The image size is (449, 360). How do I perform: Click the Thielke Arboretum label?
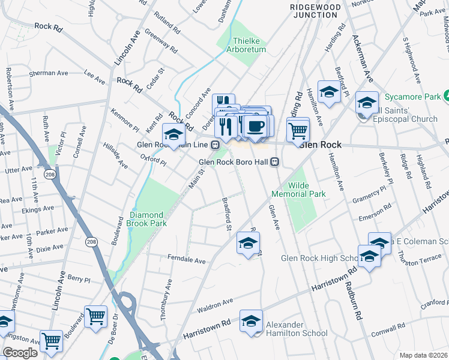pos(249,45)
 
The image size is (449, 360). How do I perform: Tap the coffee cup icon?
pos(256,127)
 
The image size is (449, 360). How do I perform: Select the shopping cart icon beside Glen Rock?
pos(298,130)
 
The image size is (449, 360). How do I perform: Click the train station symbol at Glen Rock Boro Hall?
pos(276,162)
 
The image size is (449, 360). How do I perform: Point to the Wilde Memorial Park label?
pos(298,190)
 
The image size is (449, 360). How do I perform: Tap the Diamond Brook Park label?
pos(146,219)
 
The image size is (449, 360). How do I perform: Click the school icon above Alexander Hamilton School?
pos(252,320)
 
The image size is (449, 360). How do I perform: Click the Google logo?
pos(20,353)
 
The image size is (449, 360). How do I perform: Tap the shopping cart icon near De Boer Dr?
pos(96,316)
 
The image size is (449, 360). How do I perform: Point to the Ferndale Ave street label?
pos(187,261)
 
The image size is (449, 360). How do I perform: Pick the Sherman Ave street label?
pos(49,73)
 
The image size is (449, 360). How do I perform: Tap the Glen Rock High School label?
pos(320,258)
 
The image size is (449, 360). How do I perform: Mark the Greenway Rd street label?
pos(161,41)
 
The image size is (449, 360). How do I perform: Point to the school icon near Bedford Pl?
pos(329,92)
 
